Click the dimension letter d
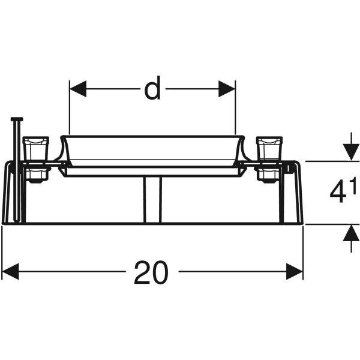tap(152, 90)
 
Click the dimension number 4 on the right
tap(337, 193)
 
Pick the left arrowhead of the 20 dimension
tap(10, 273)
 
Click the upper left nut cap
tap(35, 147)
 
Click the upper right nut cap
tap(269, 147)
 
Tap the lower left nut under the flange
tap(35, 174)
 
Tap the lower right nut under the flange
tap(268, 174)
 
